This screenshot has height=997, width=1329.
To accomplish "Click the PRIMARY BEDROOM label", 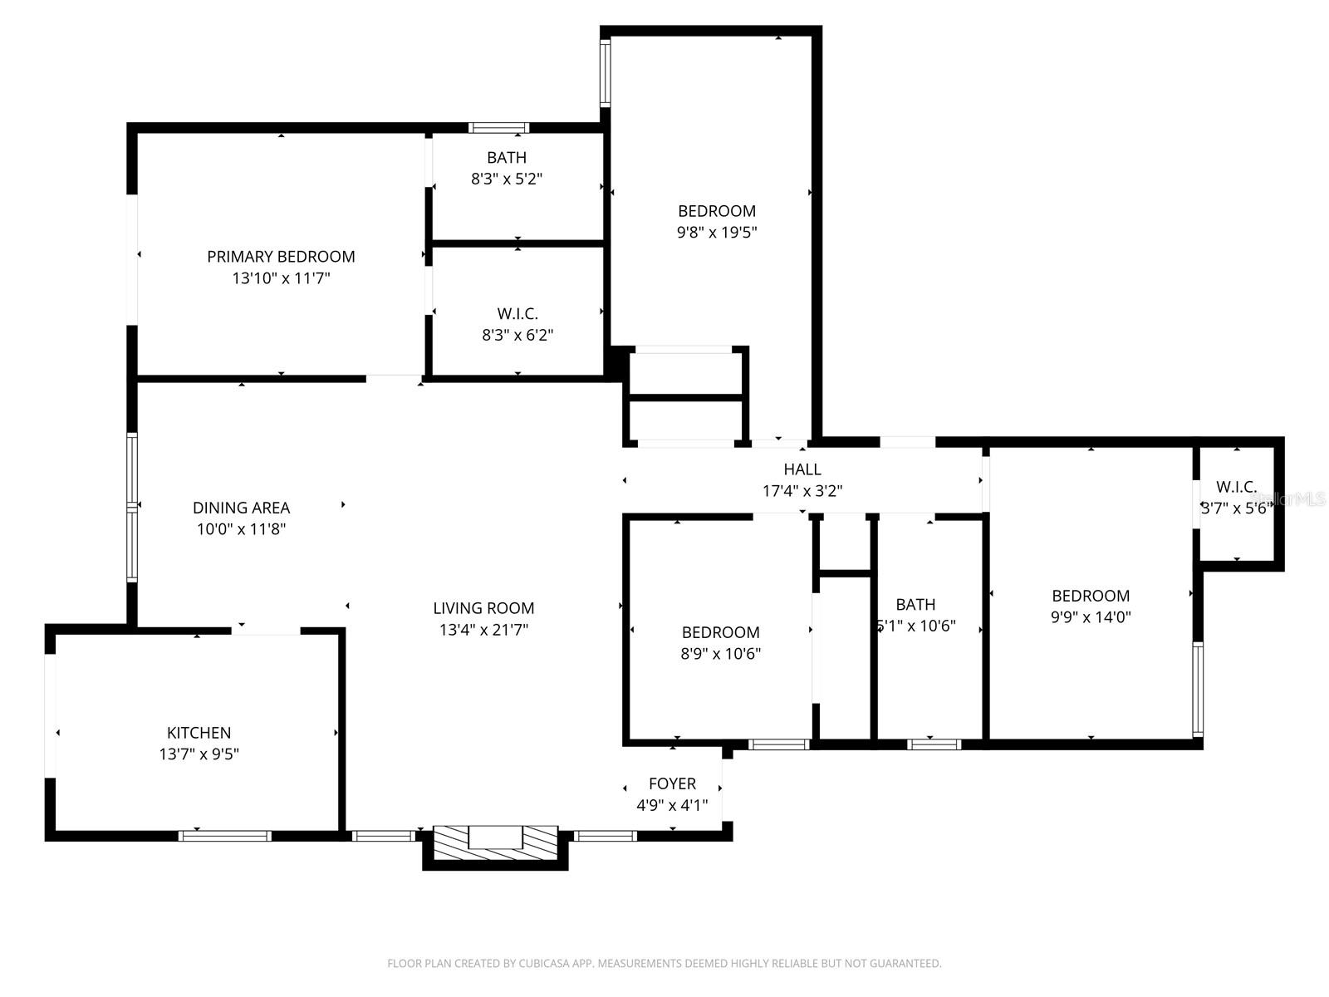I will pyautogui.click(x=281, y=257).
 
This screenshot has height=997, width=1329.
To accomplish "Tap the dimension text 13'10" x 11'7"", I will pyautogui.click(x=281, y=278).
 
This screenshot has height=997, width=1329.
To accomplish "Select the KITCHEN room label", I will pyautogui.click(x=199, y=733).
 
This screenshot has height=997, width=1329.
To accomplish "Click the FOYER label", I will pyautogui.click(x=672, y=783).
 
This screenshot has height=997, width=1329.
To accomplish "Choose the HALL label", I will pyautogui.click(x=802, y=469).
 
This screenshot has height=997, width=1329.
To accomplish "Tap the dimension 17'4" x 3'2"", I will pyautogui.click(x=802, y=491).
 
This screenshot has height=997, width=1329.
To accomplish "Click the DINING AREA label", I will pyautogui.click(x=241, y=508).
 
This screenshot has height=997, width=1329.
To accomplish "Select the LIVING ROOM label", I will pyautogui.click(x=483, y=608).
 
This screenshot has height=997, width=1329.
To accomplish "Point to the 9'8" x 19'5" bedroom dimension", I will pyautogui.click(x=716, y=233).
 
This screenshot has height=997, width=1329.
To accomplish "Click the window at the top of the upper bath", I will pyautogui.click(x=498, y=128).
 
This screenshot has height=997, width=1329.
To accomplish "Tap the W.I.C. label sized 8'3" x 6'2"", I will pyautogui.click(x=517, y=314).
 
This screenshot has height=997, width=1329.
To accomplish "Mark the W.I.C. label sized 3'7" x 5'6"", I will pyautogui.click(x=1236, y=487).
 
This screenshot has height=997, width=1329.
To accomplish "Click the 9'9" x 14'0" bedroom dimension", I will pyautogui.click(x=1090, y=617).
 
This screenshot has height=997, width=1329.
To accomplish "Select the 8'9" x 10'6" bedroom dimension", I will pyautogui.click(x=720, y=654).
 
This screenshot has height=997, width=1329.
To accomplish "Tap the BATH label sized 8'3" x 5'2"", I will pyautogui.click(x=506, y=157).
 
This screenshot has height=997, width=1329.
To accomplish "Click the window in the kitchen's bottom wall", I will pyautogui.click(x=225, y=836).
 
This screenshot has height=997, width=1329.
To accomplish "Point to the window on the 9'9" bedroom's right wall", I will pyautogui.click(x=1197, y=689).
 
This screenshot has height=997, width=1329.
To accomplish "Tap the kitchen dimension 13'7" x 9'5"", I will pyautogui.click(x=199, y=754).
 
